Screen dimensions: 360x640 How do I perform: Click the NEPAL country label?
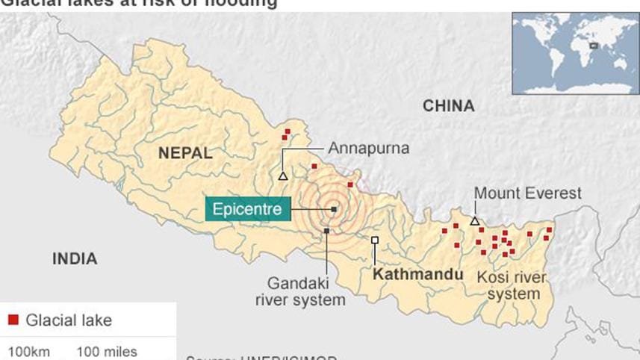[184, 154]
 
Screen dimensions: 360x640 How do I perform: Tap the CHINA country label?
[449, 106]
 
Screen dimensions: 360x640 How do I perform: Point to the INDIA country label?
[74, 259]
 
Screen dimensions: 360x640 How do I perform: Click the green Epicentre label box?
[247, 209]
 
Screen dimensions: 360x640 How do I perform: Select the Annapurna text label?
[368, 148]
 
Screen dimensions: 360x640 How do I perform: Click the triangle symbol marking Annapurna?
[283, 176]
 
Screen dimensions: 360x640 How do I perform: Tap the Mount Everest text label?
[527, 193]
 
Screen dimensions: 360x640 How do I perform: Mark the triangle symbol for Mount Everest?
[474, 221]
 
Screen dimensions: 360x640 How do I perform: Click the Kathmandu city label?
[417, 274]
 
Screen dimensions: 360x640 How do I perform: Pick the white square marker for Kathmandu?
[375, 240]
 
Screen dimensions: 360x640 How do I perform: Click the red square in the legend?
[13, 320]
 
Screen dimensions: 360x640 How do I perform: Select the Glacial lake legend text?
[69, 320]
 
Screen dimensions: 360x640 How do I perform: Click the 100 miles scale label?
[107, 351]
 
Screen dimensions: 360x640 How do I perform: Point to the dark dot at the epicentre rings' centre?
[333, 209]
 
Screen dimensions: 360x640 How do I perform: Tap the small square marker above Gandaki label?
[327, 231]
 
